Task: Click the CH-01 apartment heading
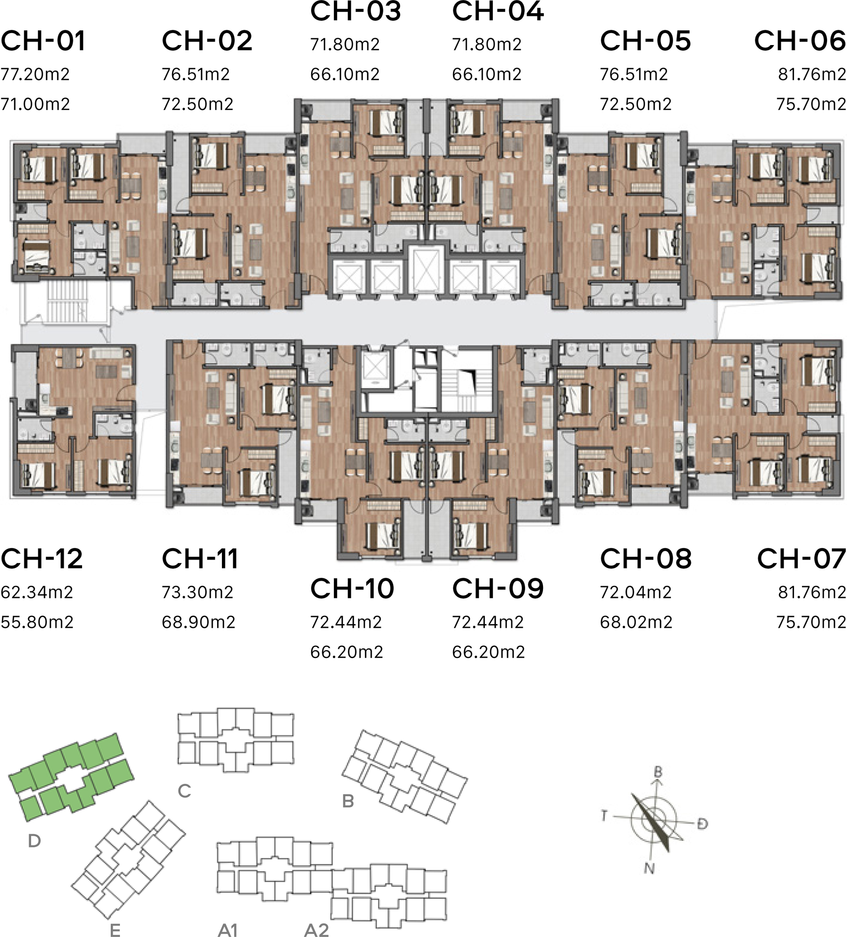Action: pyautogui.click(x=43, y=41)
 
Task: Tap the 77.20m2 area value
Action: pyautogui.click(x=35, y=74)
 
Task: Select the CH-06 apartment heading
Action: pyautogui.click(x=800, y=41)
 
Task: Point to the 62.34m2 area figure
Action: pyautogui.click(x=37, y=592)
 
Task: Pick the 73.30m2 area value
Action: pyautogui.click(x=198, y=592)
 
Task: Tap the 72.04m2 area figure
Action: pyautogui.click(x=636, y=592)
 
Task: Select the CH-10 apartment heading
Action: pyautogui.click(x=352, y=588)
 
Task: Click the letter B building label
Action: pyautogui.click(x=348, y=801)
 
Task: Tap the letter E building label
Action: pyautogui.click(x=115, y=929)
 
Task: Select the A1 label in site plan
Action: pyautogui.click(x=228, y=929)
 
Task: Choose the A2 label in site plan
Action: pyautogui.click(x=316, y=929)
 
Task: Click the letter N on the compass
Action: pyautogui.click(x=649, y=867)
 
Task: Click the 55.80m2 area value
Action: pyautogui.click(x=37, y=622)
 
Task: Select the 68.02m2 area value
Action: pyautogui.click(x=636, y=622)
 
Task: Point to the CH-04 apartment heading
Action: pyautogui.click(x=498, y=11)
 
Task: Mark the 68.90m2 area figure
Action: pyautogui.click(x=199, y=622)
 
